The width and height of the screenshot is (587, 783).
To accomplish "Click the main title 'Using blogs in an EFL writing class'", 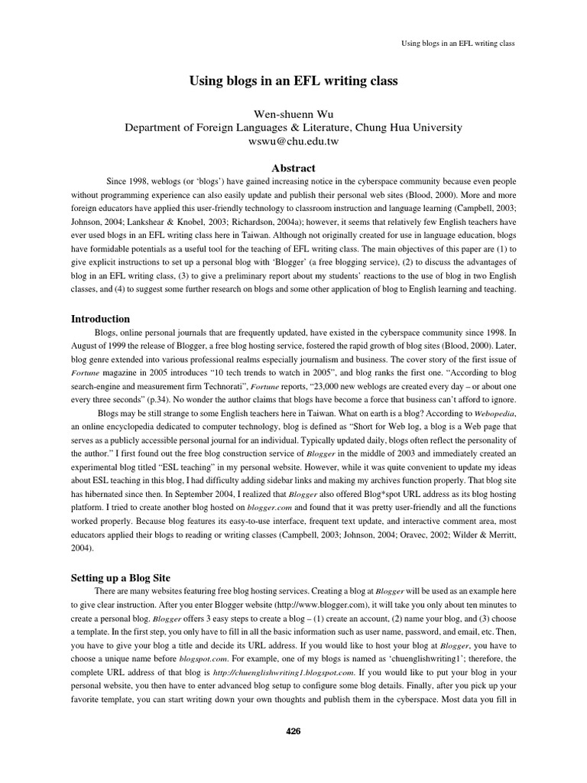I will click(293, 80).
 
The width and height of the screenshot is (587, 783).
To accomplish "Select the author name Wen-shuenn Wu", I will click(293, 114).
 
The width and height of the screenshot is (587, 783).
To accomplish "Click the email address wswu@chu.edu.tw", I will click(293, 142).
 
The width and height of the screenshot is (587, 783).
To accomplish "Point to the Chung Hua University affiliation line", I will click(293, 128).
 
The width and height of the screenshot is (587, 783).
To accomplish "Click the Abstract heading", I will click(293, 168).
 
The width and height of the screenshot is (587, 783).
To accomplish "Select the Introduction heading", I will click(100, 319).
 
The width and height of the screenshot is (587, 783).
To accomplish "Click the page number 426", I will click(293, 731).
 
